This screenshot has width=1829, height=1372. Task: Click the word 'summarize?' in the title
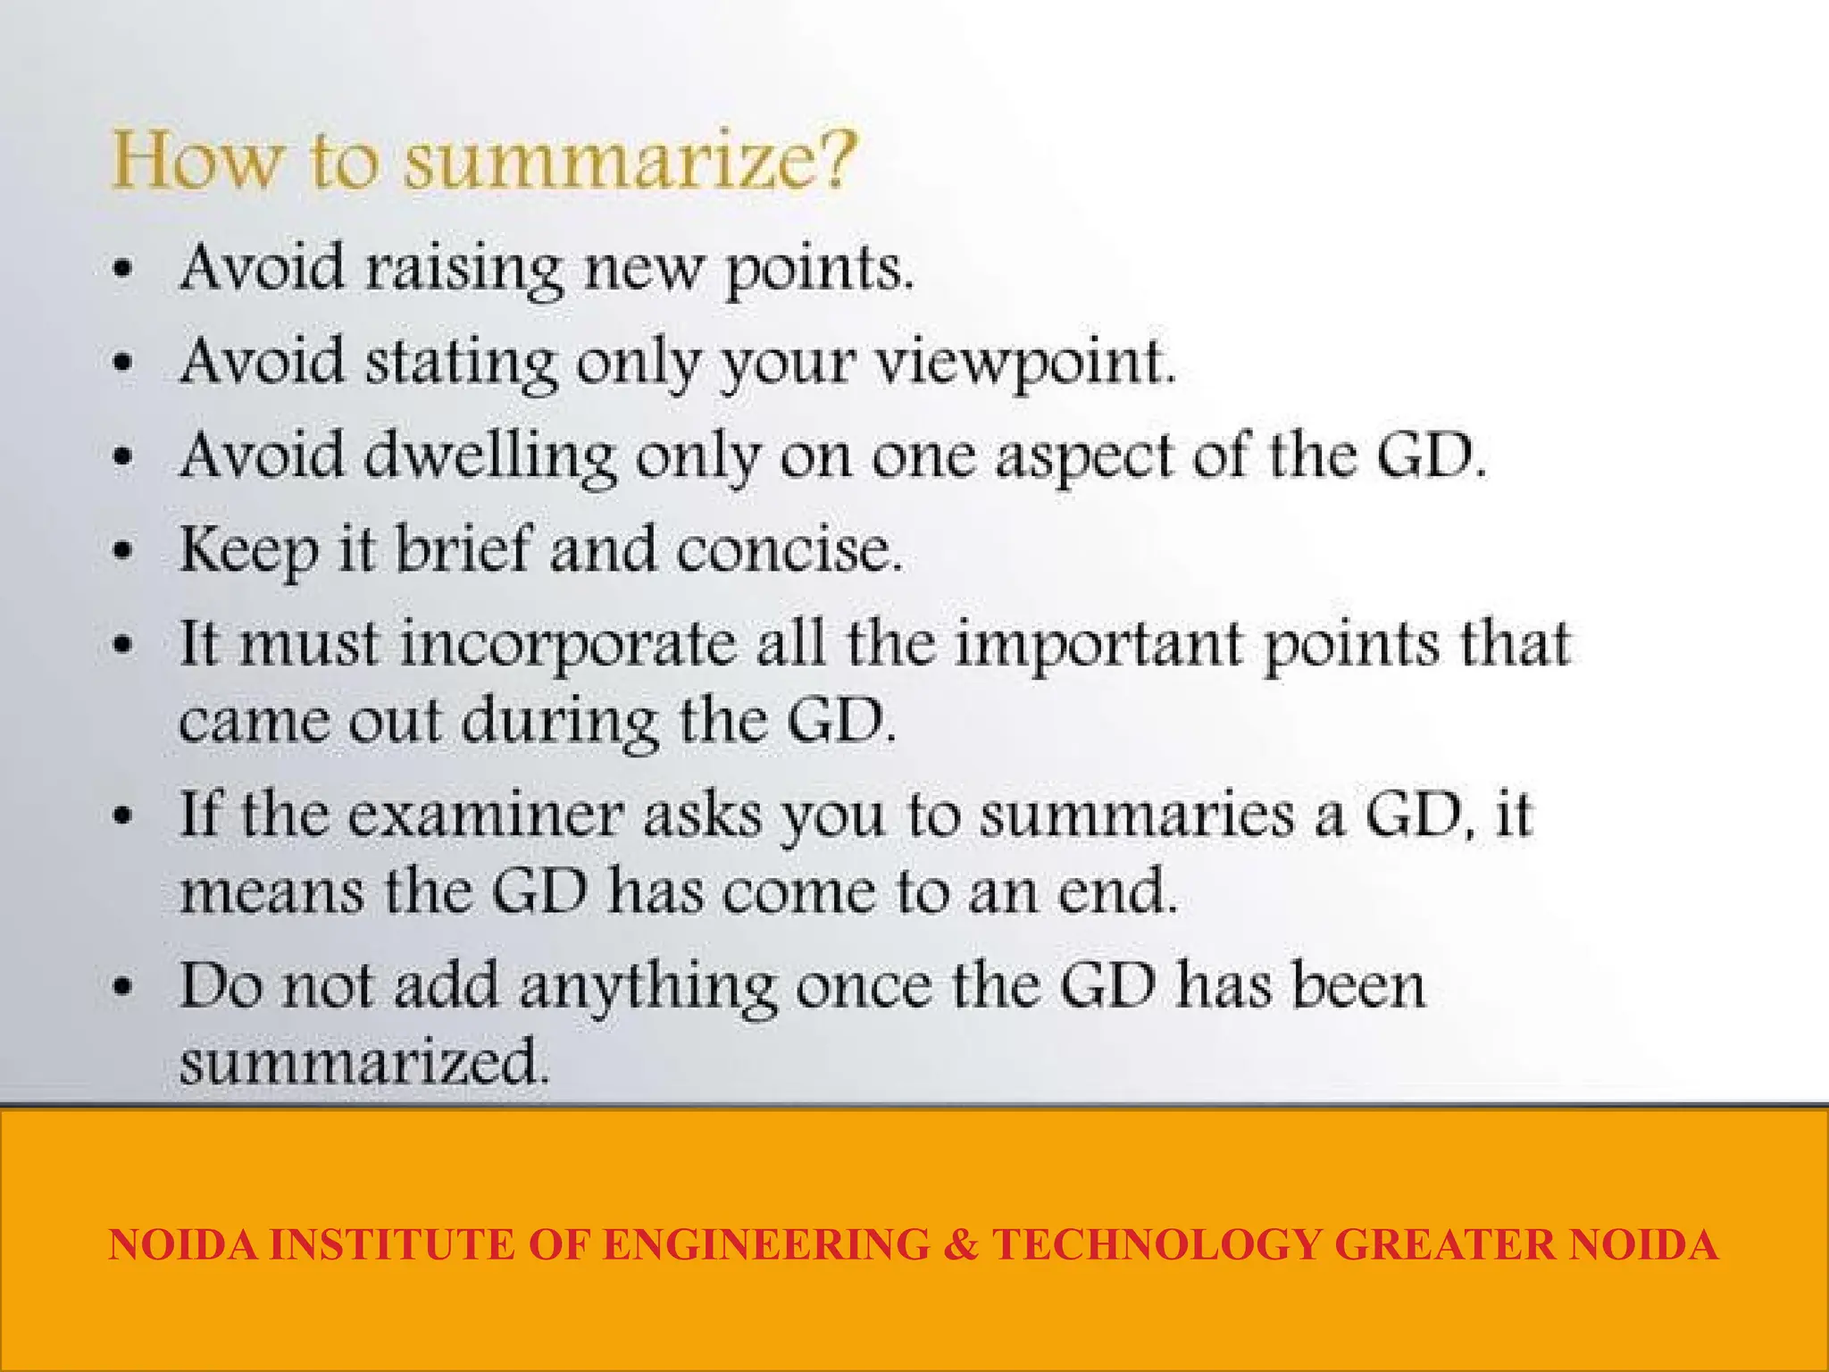tap(631, 161)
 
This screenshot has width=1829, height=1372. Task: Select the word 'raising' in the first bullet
tap(464, 269)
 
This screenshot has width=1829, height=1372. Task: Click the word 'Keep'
tap(249, 550)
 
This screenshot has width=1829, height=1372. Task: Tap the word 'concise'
tap(787, 550)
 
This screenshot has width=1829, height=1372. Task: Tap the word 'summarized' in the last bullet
tap(362, 1063)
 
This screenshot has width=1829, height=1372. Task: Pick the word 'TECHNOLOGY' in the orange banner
tap(1157, 1244)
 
